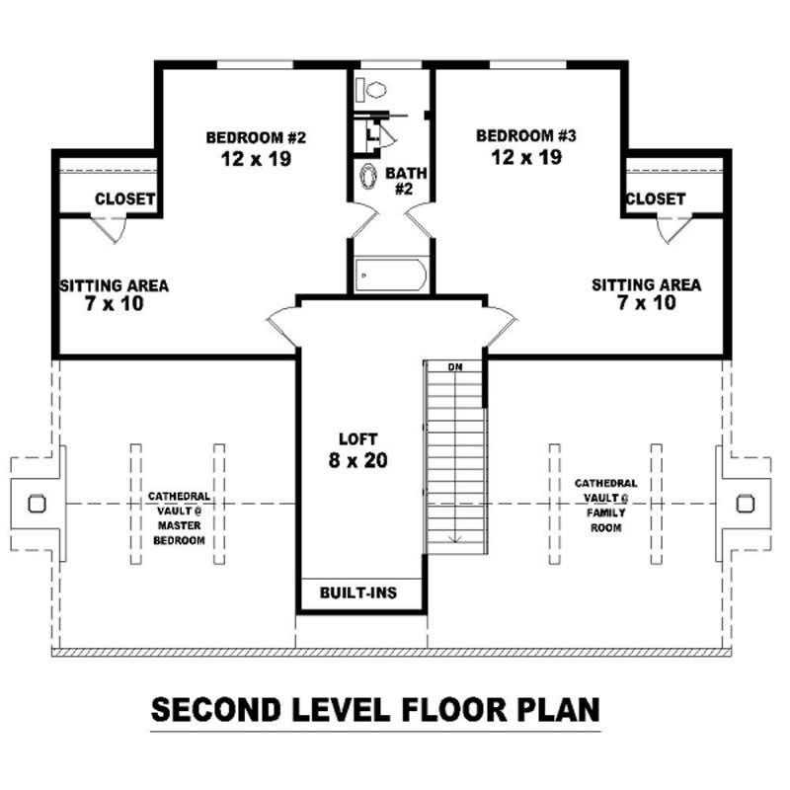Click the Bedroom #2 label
click(x=248, y=147)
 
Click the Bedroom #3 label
click(x=518, y=145)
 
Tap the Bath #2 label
click(x=405, y=180)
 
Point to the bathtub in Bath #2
click(x=390, y=272)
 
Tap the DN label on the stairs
click(x=455, y=367)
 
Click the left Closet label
click(x=124, y=198)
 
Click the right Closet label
click(x=655, y=198)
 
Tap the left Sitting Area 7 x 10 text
click(x=115, y=294)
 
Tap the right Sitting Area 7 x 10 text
click(x=647, y=293)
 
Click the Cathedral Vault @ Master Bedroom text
click(x=178, y=518)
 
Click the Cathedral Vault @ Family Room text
click(x=605, y=506)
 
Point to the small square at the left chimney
click(x=37, y=503)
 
